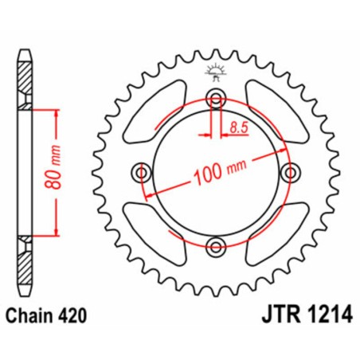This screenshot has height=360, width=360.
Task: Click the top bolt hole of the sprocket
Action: click(216, 99)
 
